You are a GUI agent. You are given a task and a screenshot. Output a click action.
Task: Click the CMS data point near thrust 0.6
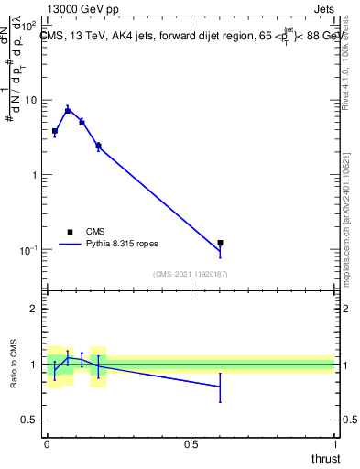point(220,243)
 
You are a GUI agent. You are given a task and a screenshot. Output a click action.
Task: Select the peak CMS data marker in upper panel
point(68,110)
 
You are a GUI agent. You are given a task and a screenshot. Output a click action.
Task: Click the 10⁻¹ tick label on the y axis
point(30,250)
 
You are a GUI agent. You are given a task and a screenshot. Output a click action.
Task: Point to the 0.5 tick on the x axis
point(191,443)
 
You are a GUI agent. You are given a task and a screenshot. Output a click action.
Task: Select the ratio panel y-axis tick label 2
point(35,309)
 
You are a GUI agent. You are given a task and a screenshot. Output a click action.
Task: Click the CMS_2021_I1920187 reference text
point(191,274)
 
